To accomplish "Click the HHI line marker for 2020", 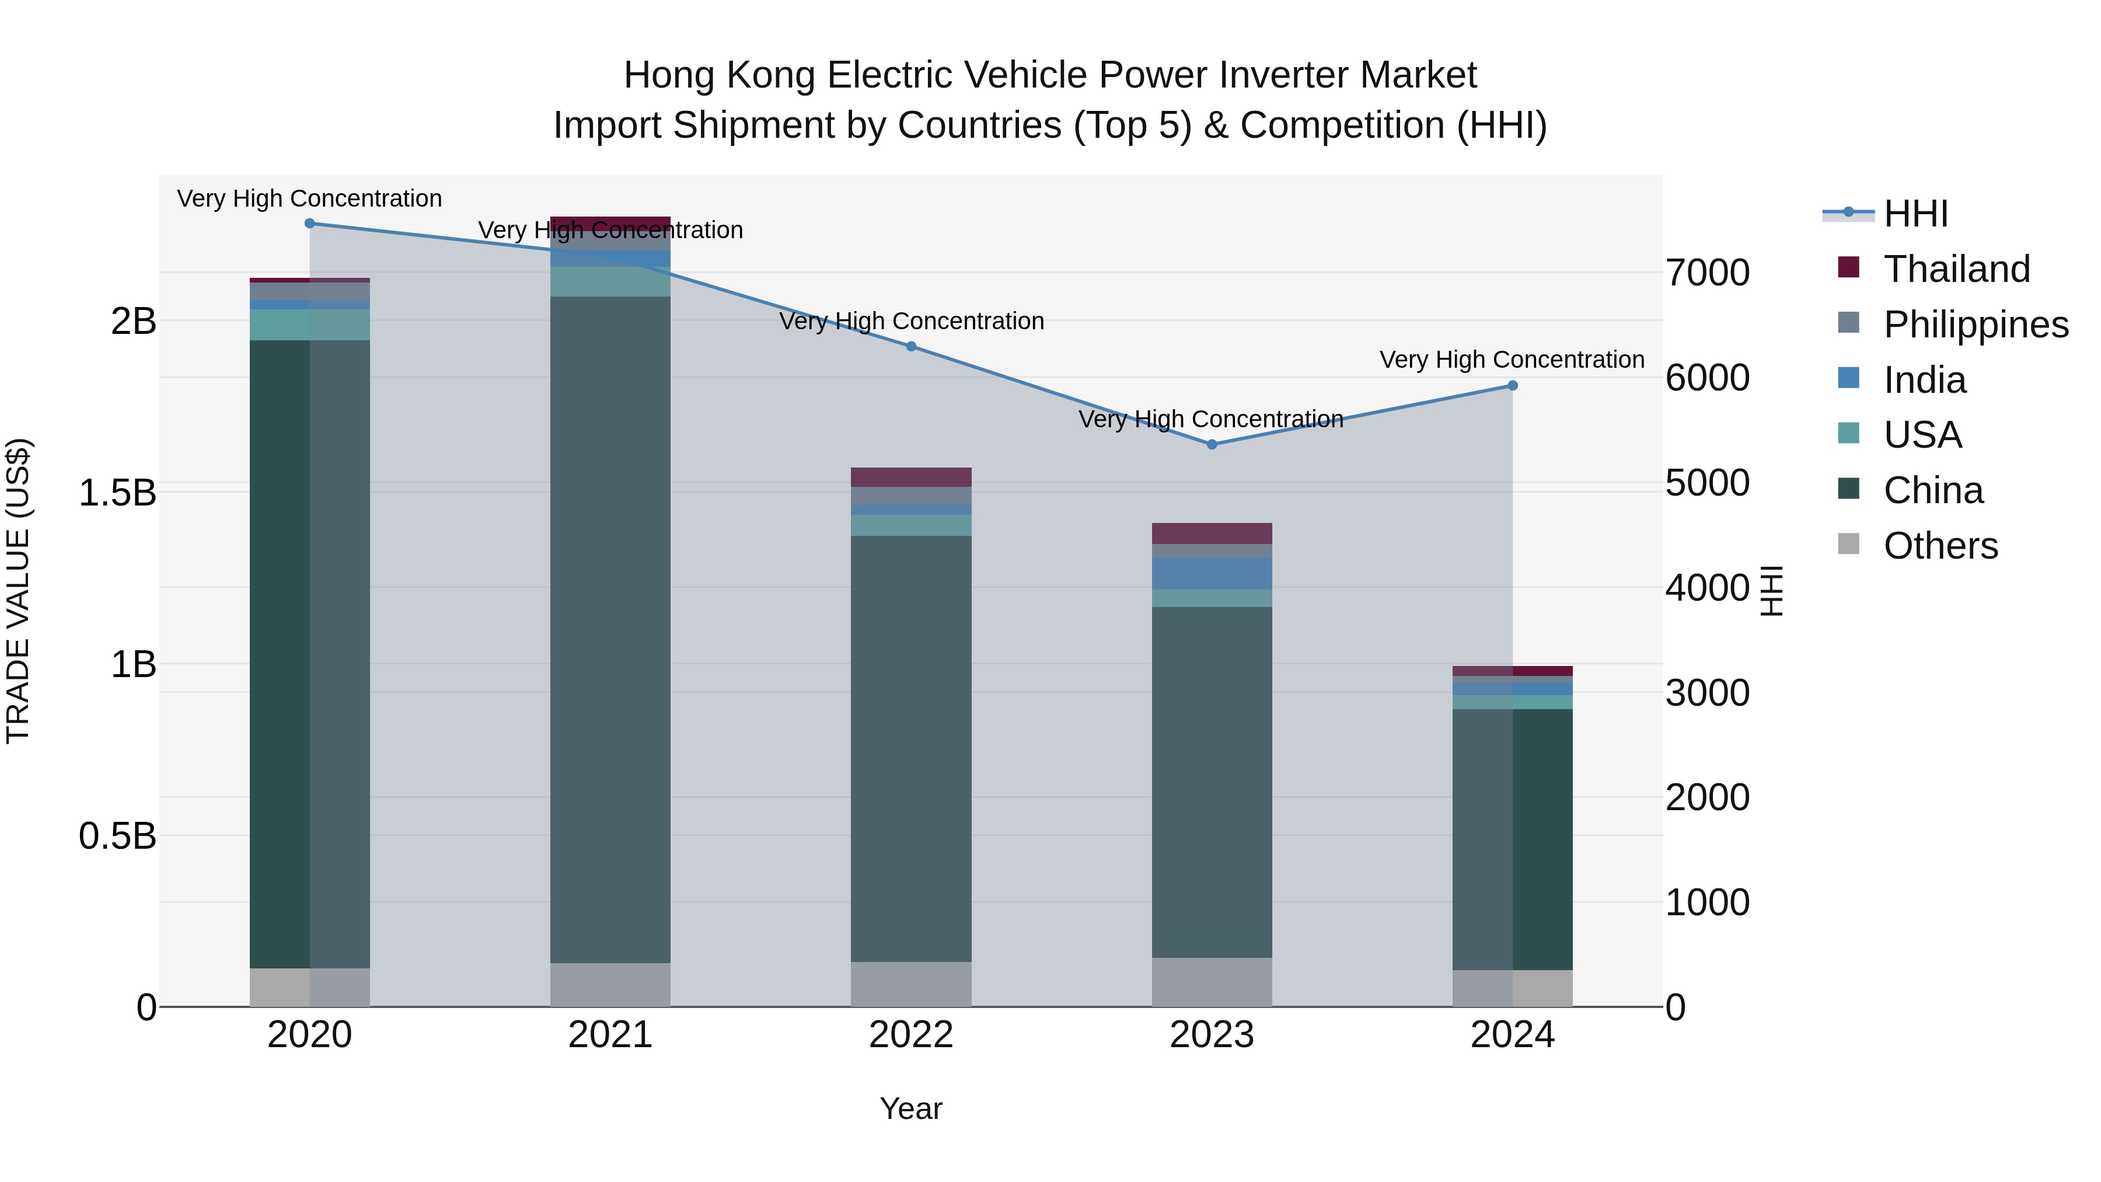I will [x=309, y=224].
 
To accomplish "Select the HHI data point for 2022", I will [x=911, y=347].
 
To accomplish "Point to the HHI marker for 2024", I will [x=1512, y=386].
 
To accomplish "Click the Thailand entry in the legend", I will [x=1956, y=269].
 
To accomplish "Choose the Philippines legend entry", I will [x=1974, y=325].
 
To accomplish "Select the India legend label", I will [x=1924, y=380].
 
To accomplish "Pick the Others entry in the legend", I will [x=1939, y=546].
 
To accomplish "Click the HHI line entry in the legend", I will [x=1915, y=214].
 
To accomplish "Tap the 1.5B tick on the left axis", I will [x=117, y=493].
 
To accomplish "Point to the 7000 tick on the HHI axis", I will [x=1707, y=273].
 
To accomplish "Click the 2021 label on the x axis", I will [x=610, y=1035].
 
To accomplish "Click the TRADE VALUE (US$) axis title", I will [x=19, y=591].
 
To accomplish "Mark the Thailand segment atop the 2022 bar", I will [x=911, y=477].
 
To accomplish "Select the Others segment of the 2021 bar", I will [x=610, y=985].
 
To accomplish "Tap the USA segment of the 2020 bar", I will [x=309, y=325].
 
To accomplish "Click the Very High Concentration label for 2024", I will [x=1512, y=360].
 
